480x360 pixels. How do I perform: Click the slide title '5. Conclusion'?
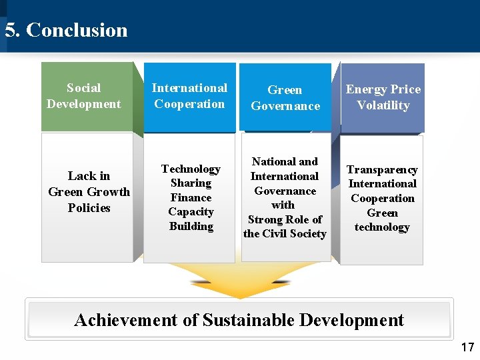pos(66,30)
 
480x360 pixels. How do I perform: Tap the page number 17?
pos(467,347)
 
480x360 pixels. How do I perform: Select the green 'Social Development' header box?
pos(84,96)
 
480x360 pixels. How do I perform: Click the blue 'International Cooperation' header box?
pos(189,96)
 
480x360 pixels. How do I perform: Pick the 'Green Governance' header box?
pos(285,97)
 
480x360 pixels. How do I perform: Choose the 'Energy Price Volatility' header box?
pos(383,97)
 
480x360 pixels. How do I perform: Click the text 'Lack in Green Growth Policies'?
pos(89,191)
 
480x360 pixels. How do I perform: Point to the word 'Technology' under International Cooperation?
pos(191,169)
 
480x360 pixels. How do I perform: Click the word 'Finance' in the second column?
pos(191,198)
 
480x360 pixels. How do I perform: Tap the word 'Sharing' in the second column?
pos(191,183)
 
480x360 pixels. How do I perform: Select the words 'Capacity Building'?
pos(191,219)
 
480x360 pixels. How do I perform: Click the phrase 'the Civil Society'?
pos(285,234)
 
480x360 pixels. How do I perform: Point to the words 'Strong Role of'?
pos(285,219)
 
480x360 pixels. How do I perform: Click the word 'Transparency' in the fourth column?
pos(382,170)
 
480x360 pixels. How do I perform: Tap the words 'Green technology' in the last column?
pos(382,220)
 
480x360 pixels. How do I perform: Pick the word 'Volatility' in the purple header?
pos(383,105)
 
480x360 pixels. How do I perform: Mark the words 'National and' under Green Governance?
pos(285,161)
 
